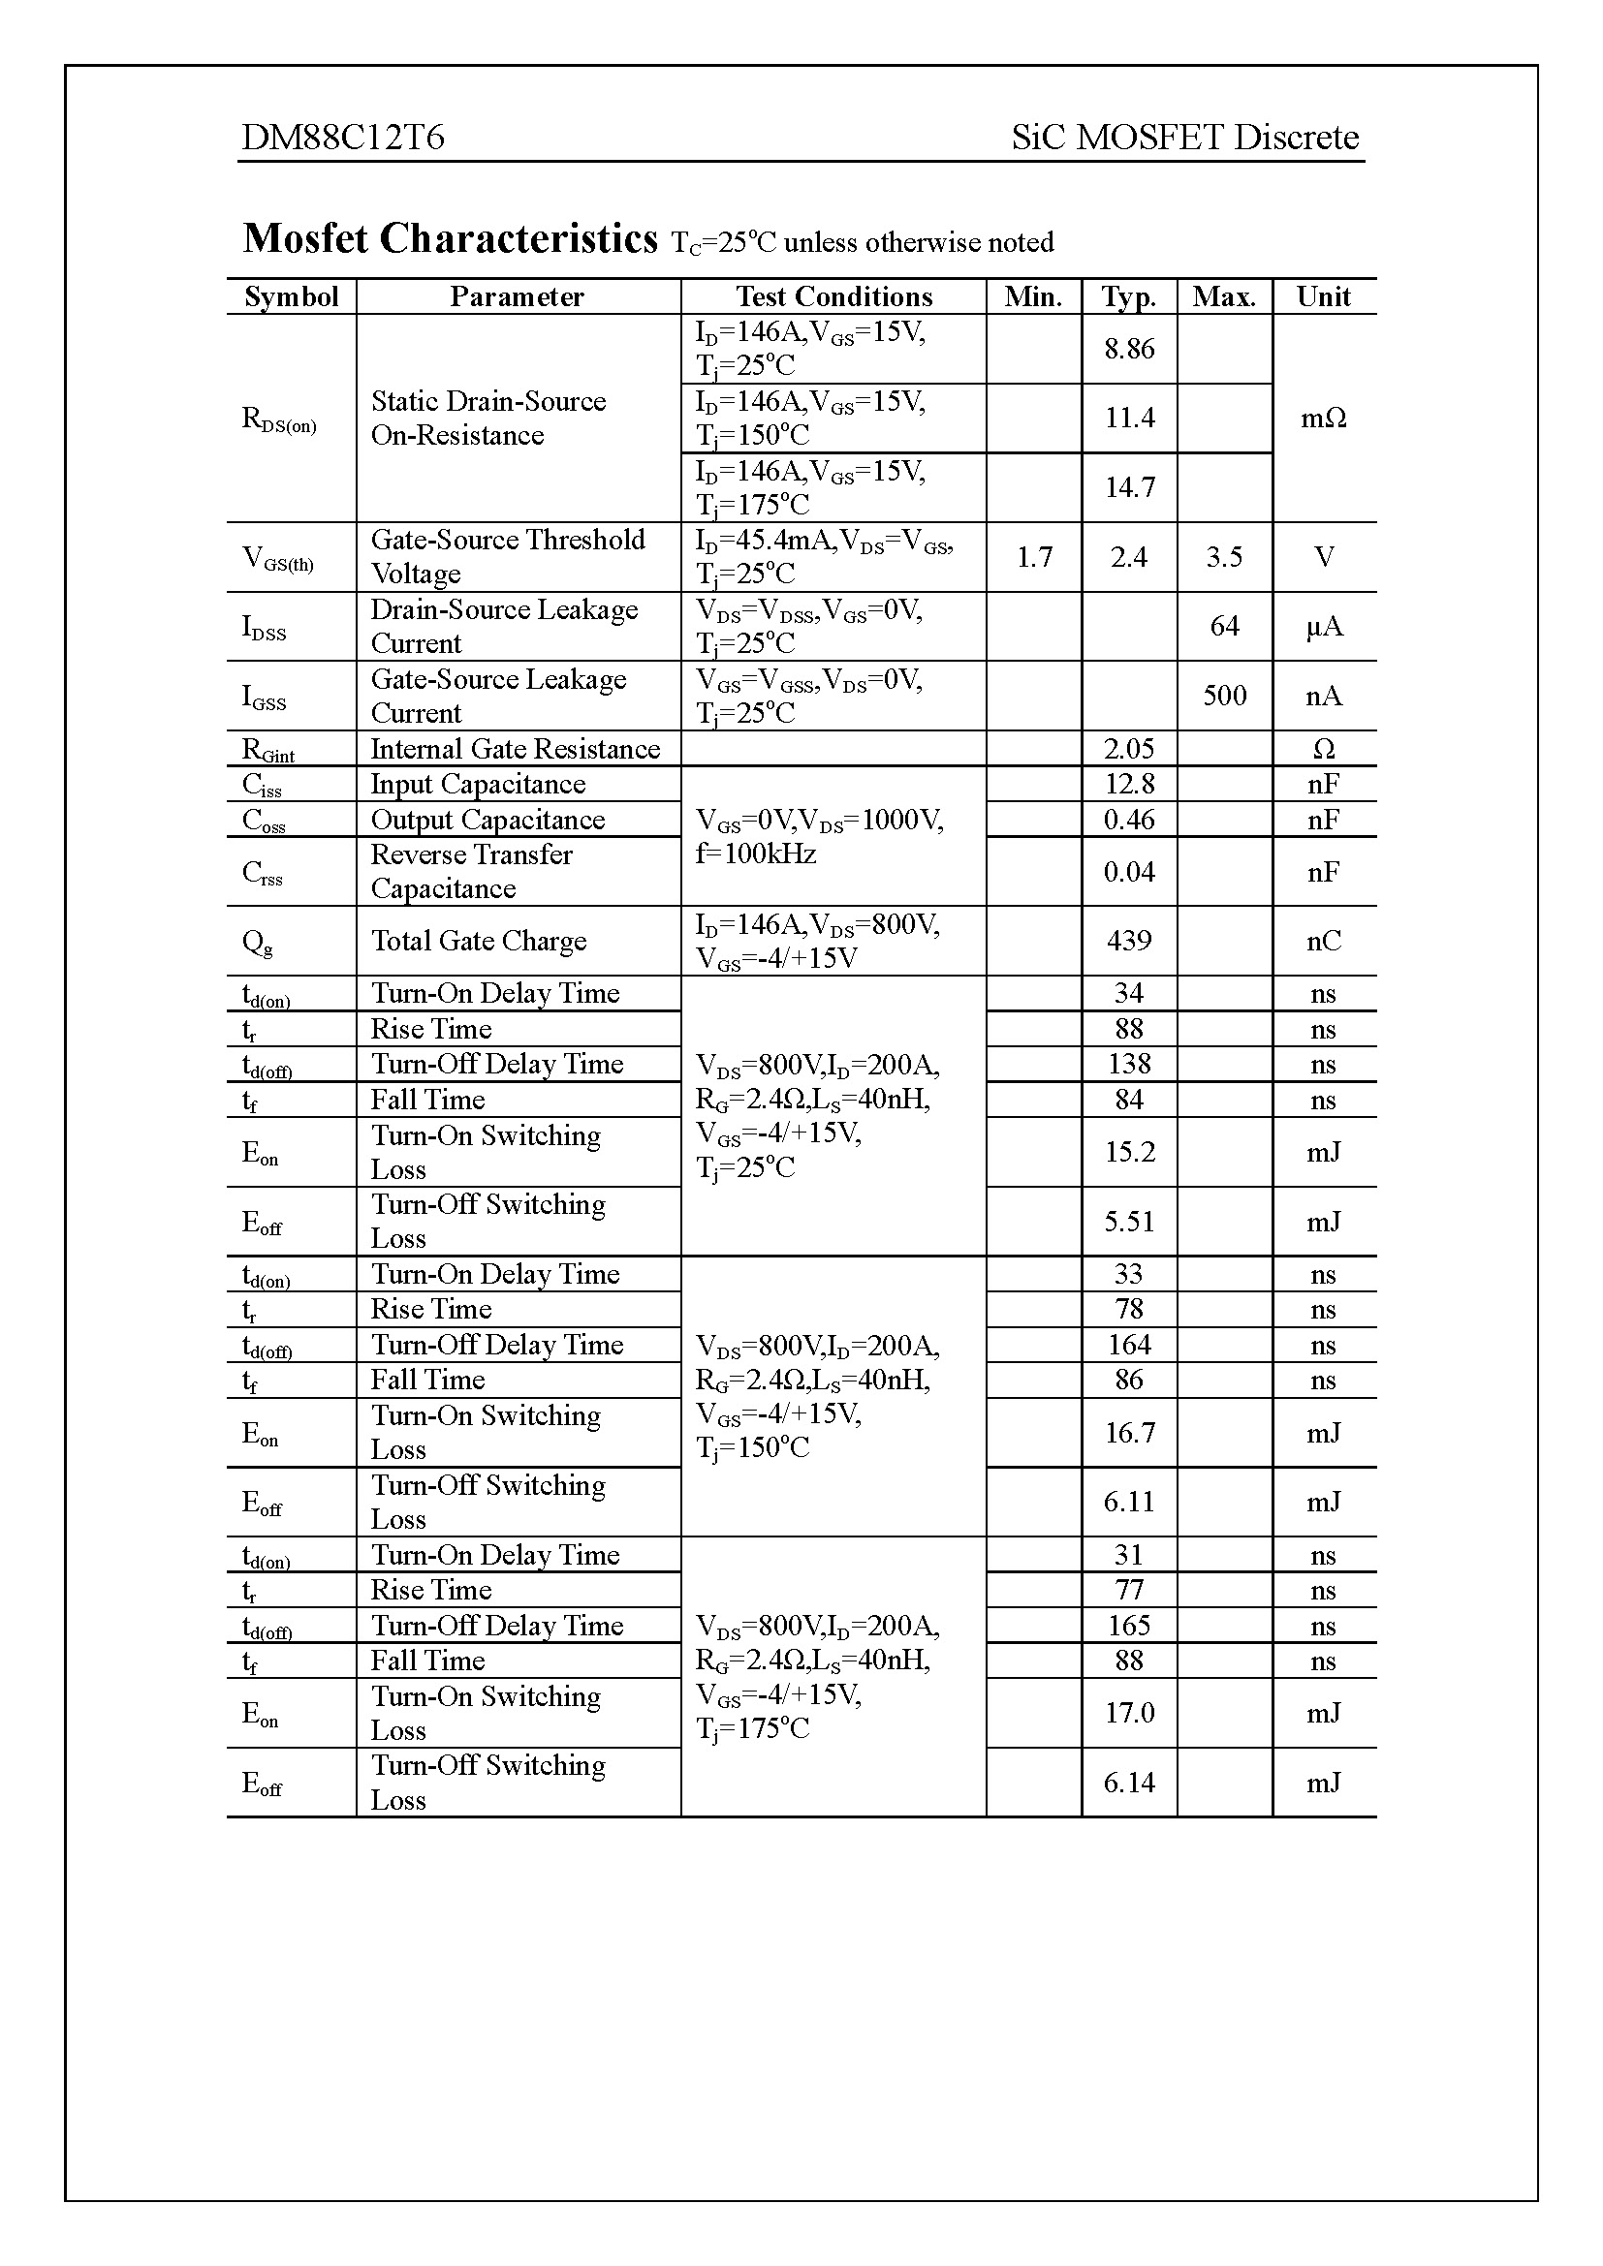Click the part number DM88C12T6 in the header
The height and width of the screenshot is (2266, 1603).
tap(342, 138)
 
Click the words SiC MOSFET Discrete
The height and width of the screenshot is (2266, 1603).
tap(1184, 138)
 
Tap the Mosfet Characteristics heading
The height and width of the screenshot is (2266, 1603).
tap(450, 239)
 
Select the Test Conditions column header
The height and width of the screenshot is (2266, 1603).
tap(833, 297)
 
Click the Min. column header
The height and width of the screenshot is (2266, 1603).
tap(1032, 297)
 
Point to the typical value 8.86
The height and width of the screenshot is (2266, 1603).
tap(1129, 349)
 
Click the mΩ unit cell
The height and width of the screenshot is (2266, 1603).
tap(1323, 419)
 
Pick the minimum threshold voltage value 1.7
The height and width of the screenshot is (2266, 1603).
tap(1033, 558)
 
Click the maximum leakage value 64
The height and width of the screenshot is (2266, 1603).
tap(1224, 627)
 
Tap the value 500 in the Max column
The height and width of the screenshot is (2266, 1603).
tap(1224, 696)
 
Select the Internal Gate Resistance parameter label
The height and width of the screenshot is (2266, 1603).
tap(516, 749)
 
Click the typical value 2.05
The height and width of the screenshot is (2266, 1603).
tap(1129, 749)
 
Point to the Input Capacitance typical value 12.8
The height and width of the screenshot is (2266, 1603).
tap(1129, 785)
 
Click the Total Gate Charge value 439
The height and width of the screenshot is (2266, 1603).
tap(1129, 941)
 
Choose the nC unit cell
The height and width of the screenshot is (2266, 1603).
tap(1323, 941)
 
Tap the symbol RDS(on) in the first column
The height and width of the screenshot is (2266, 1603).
tap(279, 419)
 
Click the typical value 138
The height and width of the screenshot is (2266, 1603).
tap(1129, 1064)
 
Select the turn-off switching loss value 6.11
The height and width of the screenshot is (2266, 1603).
tap(1129, 1503)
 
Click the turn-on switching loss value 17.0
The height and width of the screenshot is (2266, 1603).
tap(1129, 1712)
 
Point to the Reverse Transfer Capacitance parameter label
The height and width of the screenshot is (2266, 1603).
tap(471, 872)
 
